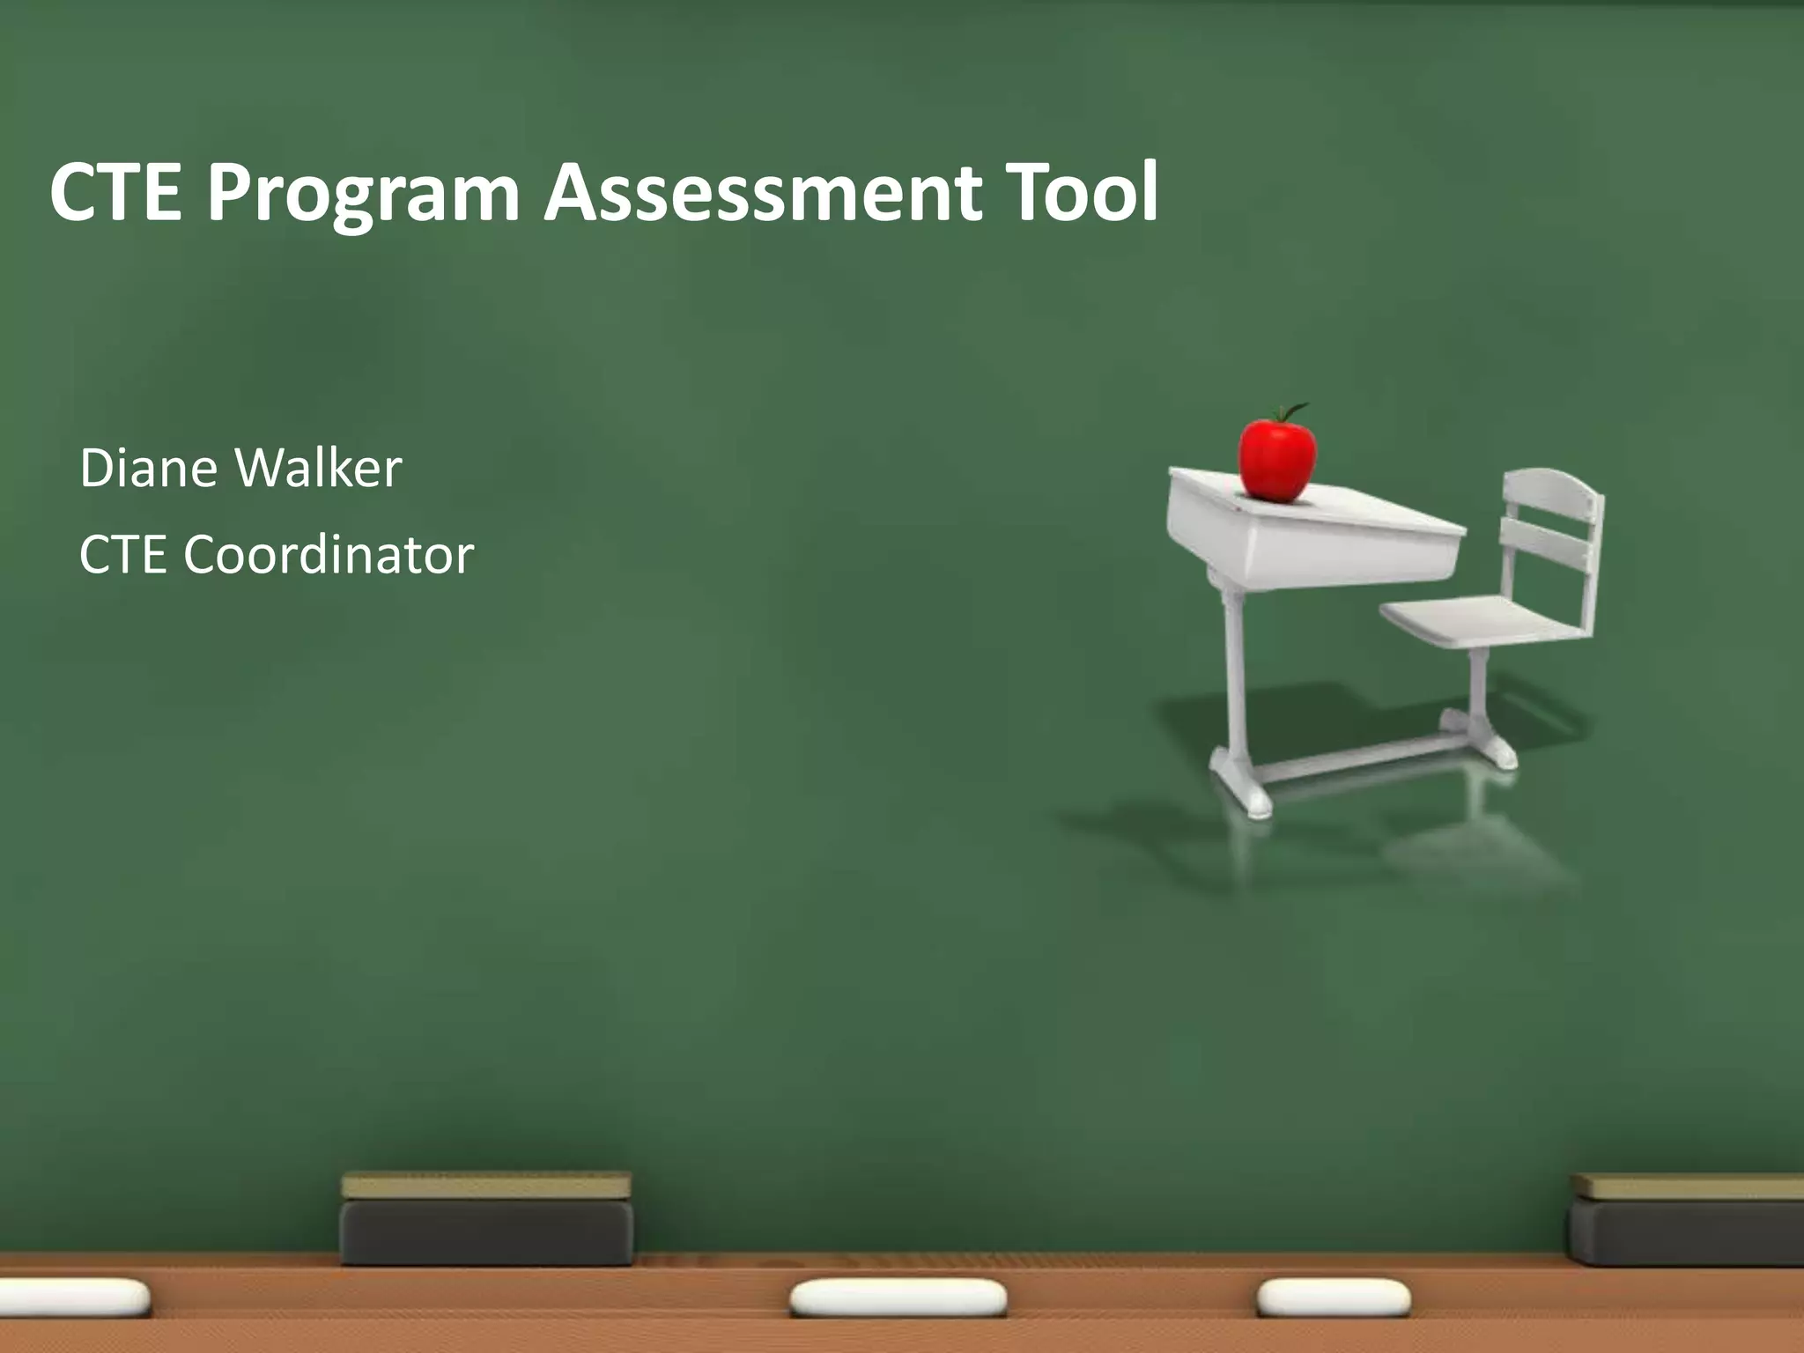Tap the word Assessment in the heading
click(763, 192)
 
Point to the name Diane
click(149, 468)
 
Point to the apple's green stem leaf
click(1296, 410)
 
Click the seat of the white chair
click(1480, 620)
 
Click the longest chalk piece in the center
click(898, 1298)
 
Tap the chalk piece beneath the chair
click(1333, 1298)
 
